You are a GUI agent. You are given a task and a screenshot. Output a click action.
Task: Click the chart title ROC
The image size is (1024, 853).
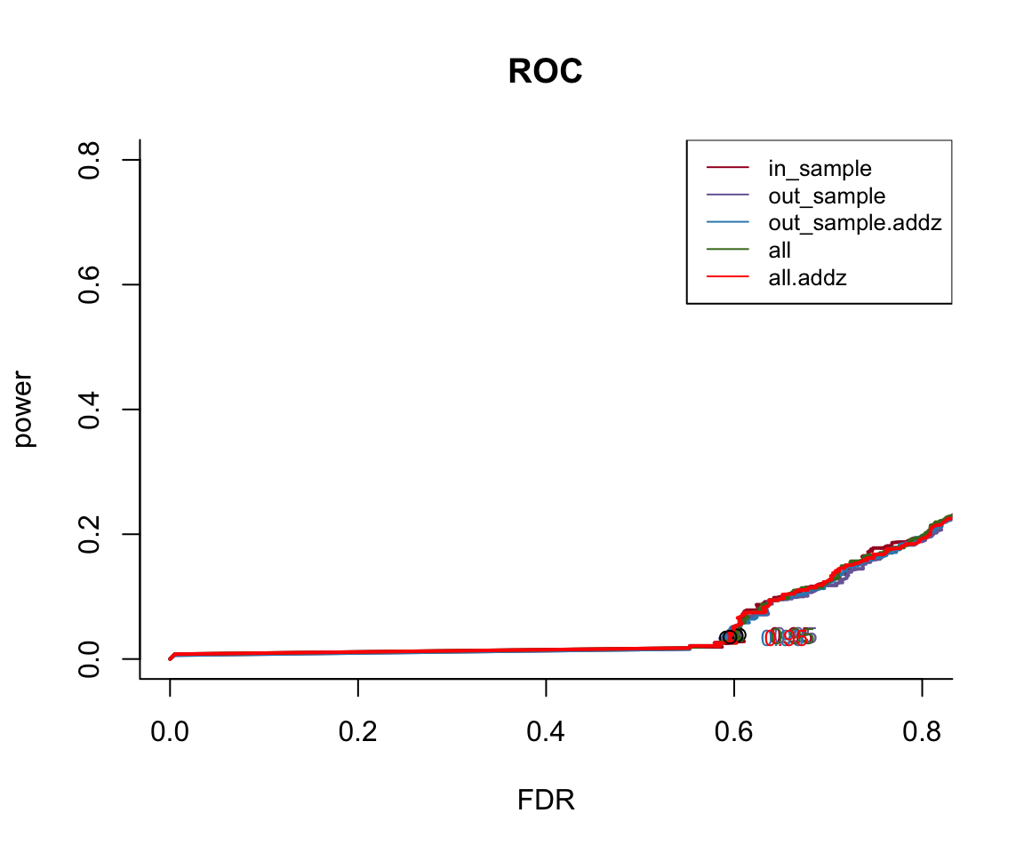pyautogui.click(x=545, y=73)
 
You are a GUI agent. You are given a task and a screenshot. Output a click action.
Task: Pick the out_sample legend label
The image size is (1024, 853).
pyautogui.click(x=827, y=195)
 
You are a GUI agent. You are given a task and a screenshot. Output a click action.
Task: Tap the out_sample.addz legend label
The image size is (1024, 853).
pyautogui.click(x=854, y=223)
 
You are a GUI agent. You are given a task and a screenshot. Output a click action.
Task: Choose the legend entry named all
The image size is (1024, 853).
pyautogui.click(x=780, y=251)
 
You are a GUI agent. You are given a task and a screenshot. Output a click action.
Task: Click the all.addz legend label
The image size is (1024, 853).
pyautogui.click(x=807, y=278)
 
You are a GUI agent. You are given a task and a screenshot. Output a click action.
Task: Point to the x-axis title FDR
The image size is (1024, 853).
pyautogui.click(x=546, y=801)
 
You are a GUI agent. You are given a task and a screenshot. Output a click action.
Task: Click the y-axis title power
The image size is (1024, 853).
pyautogui.click(x=24, y=409)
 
